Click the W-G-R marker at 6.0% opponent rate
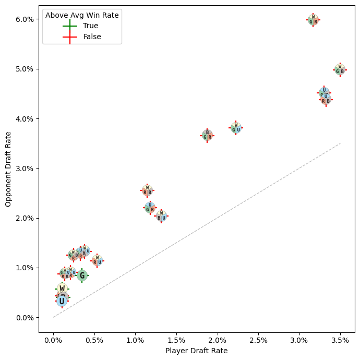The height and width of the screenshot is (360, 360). point(313,20)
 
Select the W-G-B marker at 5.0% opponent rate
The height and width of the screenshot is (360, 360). point(340,69)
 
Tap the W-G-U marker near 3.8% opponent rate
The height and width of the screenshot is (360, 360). point(236,128)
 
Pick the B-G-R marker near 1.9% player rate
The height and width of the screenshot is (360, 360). point(207,135)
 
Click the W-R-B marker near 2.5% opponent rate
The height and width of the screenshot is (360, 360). point(147,190)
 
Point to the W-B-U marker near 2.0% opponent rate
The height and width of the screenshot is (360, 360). point(161,215)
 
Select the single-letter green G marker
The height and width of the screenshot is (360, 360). point(82,275)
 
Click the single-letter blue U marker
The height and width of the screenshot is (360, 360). point(62,301)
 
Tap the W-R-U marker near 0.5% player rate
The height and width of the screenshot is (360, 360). point(97,260)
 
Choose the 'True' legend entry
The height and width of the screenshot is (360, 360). point(90,26)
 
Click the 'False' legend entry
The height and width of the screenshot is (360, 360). point(92,37)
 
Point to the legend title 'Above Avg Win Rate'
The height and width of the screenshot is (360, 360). point(82,15)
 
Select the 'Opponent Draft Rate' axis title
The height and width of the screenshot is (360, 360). point(8,169)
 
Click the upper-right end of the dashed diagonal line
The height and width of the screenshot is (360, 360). point(340,143)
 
